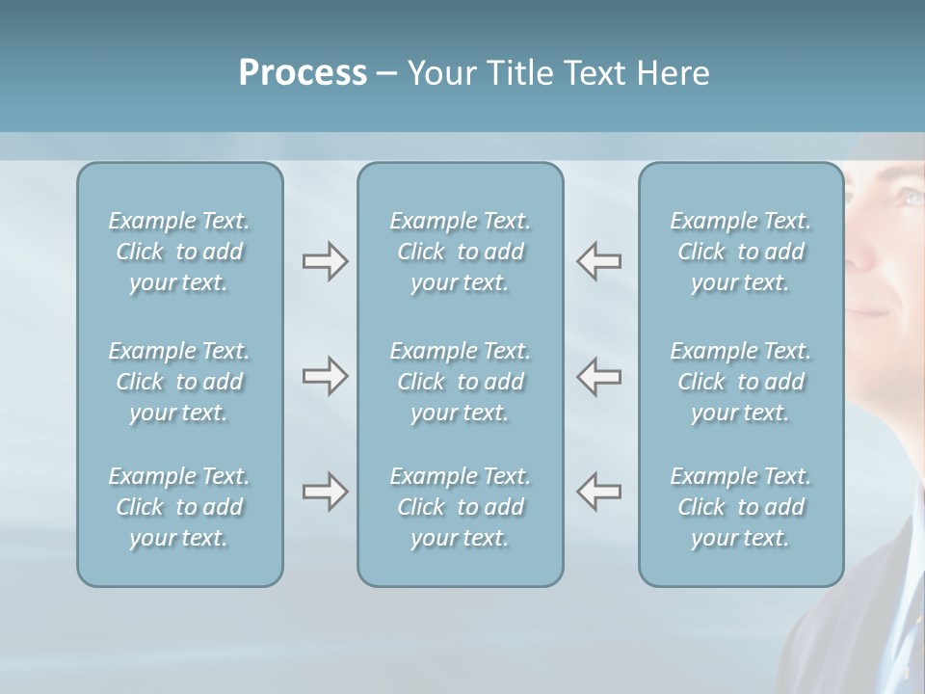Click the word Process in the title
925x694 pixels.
click(303, 73)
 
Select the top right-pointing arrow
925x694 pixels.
click(325, 261)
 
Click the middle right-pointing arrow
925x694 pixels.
click(325, 376)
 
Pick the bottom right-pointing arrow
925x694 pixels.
click(325, 492)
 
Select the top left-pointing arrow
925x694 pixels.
click(599, 261)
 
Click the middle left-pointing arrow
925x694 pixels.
click(599, 376)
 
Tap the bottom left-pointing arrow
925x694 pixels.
click(599, 492)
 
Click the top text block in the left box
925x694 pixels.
click(179, 252)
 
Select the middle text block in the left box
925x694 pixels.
click(179, 382)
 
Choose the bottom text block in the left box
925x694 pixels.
click(179, 507)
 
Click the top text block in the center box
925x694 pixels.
click(460, 252)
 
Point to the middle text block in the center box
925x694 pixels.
click(460, 382)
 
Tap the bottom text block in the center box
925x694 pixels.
click(460, 507)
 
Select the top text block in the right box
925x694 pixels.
click(740, 252)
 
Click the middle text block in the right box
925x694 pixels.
click(740, 382)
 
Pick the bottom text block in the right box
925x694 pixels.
click(740, 507)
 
